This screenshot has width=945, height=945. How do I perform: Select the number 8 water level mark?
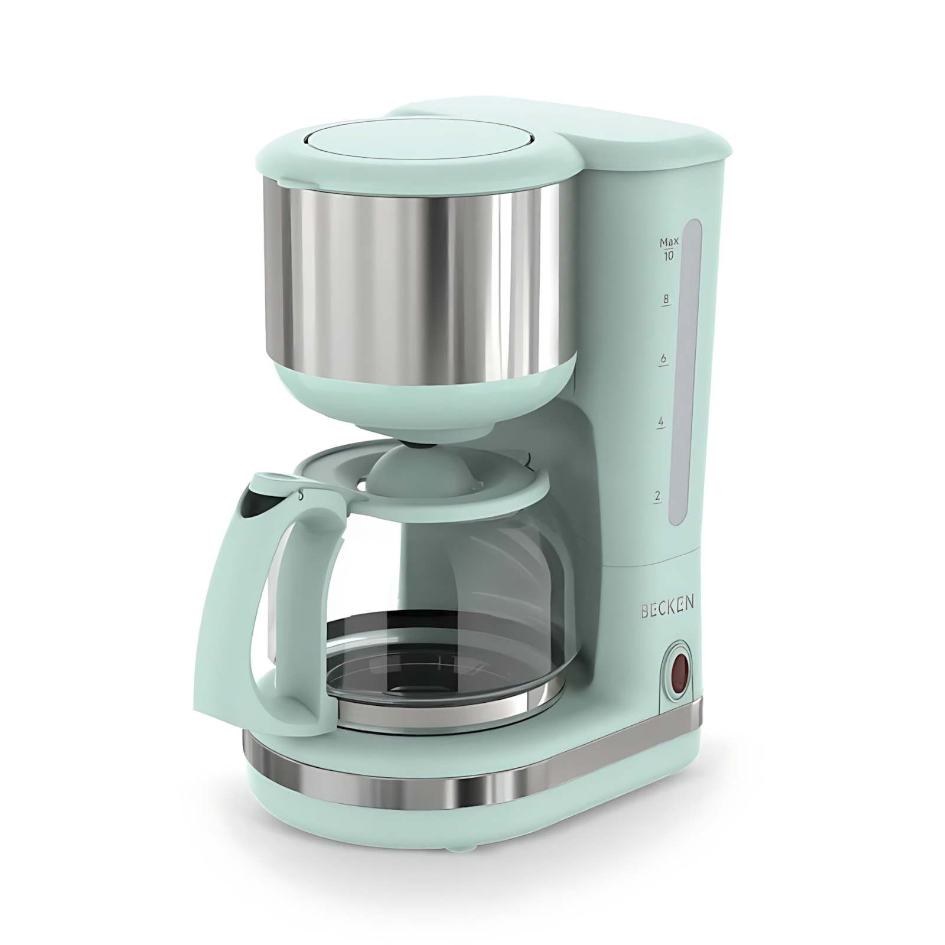pyautogui.click(x=666, y=299)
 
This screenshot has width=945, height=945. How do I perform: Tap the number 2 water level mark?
pyautogui.click(x=657, y=496)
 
